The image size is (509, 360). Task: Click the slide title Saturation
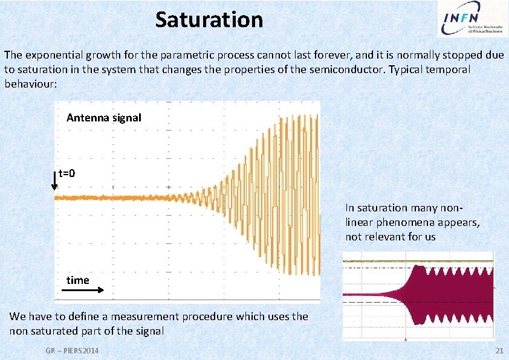coord(209,20)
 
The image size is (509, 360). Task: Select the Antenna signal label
coord(103,118)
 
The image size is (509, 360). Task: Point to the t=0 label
coord(67,174)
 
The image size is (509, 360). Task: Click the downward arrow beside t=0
coord(55,180)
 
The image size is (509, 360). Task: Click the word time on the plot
coord(77,280)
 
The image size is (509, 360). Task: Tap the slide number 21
coord(499,351)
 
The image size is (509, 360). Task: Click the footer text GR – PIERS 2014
coord(72,351)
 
